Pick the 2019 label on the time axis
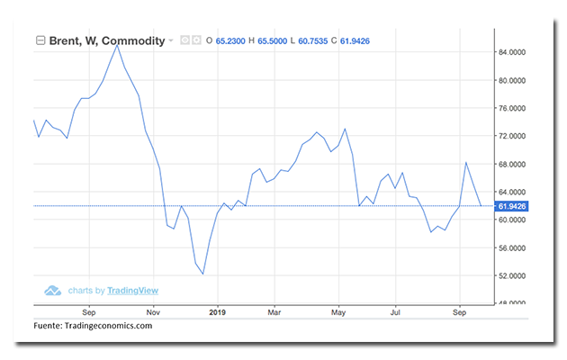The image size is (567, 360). (x=217, y=312)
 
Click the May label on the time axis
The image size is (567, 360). (x=338, y=312)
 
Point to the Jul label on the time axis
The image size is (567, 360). (x=396, y=312)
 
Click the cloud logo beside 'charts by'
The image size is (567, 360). (x=53, y=291)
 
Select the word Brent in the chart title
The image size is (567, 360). (x=65, y=40)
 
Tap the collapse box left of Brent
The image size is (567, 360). (x=40, y=40)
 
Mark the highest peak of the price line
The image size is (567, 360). (x=116, y=44)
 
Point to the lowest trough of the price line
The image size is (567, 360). (x=203, y=274)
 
